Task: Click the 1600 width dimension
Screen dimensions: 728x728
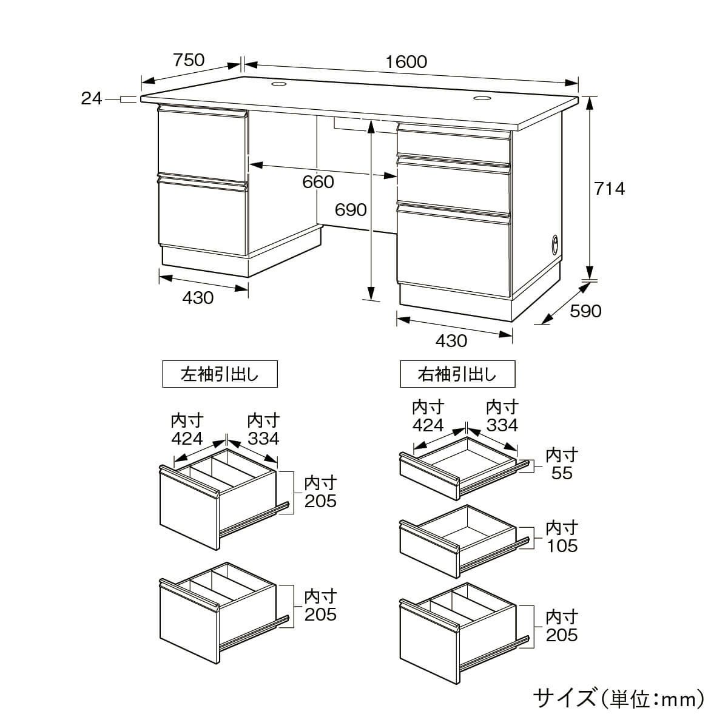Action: pos(406,62)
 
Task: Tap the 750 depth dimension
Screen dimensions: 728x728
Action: pos(189,61)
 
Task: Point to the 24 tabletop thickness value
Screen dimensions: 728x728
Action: pos(92,98)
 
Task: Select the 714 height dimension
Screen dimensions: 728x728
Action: pos(609,189)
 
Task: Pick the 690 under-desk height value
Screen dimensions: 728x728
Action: pos(351,209)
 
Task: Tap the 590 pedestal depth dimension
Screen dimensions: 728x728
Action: pos(585,311)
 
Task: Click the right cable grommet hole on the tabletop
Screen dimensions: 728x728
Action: pos(482,98)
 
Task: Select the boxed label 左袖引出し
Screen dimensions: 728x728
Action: pos(220,374)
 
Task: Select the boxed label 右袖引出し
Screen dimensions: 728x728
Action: pos(457,374)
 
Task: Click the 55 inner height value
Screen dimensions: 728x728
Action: pos(562,473)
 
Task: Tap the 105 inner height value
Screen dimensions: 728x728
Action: pos(562,545)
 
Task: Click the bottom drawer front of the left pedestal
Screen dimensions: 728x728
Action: pos(203,218)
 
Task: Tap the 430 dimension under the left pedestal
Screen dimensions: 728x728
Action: pos(198,298)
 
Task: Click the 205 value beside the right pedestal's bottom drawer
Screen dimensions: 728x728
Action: pos(562,635)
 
